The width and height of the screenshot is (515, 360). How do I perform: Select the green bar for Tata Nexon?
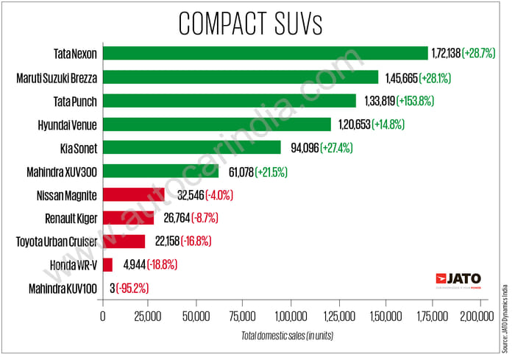point(265,53)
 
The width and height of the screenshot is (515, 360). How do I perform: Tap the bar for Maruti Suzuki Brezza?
point(241,77)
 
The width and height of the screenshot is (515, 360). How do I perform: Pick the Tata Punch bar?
point(229,100)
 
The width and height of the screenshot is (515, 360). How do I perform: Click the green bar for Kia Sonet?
point(191,148)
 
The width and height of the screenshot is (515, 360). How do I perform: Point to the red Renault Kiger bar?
point(128,219)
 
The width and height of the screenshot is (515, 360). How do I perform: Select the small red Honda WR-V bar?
point(107,265)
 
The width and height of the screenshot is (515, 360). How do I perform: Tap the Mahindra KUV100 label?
point(62,289)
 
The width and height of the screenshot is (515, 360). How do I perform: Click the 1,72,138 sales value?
point(455,53)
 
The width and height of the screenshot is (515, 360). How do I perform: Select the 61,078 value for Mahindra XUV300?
point(238,172)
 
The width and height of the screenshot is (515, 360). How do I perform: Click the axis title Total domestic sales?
point(285,336)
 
